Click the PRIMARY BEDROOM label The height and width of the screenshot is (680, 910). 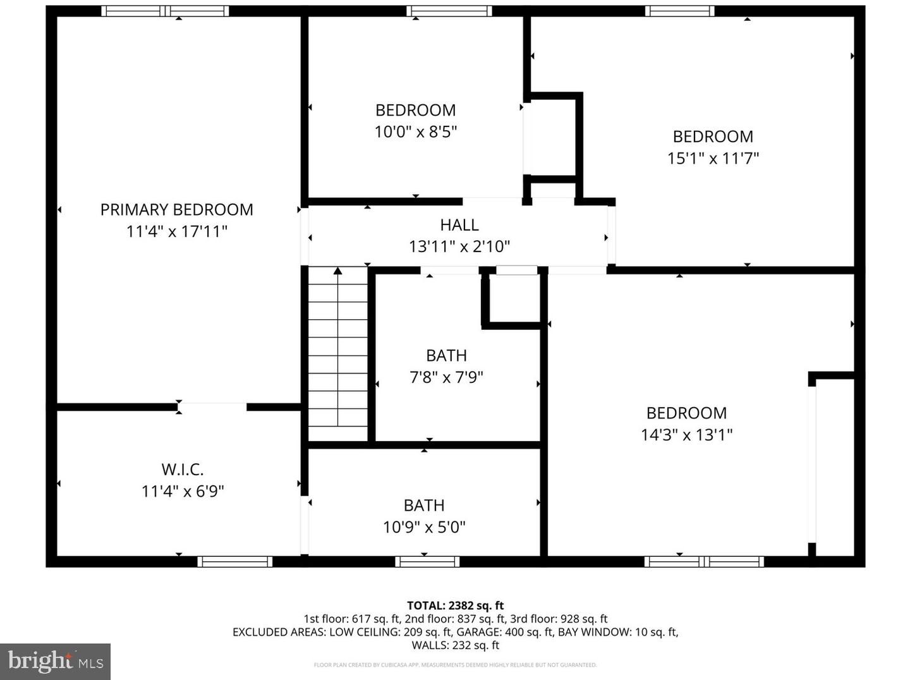[176, 210]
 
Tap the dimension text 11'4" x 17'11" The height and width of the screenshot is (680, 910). [176, 231]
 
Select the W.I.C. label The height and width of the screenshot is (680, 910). [182, 470]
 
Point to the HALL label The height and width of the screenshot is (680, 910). [459, 225]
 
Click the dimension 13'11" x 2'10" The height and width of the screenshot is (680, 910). [459, 246]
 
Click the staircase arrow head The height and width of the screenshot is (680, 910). [338, 271]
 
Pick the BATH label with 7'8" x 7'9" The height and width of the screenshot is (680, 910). [446, 356]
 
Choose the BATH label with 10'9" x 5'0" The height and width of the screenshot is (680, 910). [424, 506]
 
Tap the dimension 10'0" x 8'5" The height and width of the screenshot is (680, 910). [415, 132]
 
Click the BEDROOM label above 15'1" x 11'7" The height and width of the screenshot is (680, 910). [713, 137]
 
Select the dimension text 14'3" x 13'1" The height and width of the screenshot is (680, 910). [686, 435]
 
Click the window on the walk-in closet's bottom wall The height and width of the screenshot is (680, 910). [234, 561]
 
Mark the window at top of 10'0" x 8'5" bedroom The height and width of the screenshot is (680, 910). [449, 11]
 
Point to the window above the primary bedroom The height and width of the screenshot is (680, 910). [165, 11]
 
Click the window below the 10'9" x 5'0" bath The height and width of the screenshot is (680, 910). [427, 561]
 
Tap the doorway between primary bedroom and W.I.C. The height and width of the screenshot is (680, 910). [212, 407]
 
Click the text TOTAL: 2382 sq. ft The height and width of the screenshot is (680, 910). [455, 606]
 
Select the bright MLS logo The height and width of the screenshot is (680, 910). [56, 662]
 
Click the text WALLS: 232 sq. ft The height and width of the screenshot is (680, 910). [455, 645]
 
